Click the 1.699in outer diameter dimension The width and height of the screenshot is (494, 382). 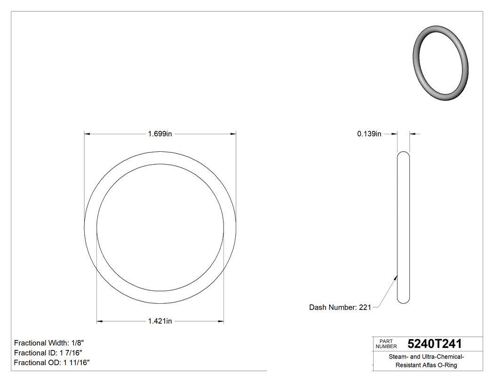pyautogui.click(x=160, y=134)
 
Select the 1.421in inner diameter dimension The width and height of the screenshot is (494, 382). pyautogui.click(x=160, y=321)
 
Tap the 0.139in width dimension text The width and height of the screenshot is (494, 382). pyautogui.click(x=369, y=134)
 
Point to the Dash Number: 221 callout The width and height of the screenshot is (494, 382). pyautogui.click(x=340, y=307)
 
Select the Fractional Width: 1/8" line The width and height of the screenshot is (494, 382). pyautogui.click(x=49, y=343)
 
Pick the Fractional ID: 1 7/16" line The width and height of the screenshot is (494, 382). pyautogui.click(x=49, y=353)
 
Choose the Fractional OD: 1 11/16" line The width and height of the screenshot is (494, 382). pyautogui.click(x=52, y=363)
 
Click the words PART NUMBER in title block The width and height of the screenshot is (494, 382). pyautogui.click(x=386, y=343)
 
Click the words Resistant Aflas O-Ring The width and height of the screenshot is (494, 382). pyautogui.click(x=426, y=365)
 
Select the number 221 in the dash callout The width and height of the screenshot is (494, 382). pyautogui.click(x=365, y=307)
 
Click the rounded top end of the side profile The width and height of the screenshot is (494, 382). pyautogui.click(x=403, y=154)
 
